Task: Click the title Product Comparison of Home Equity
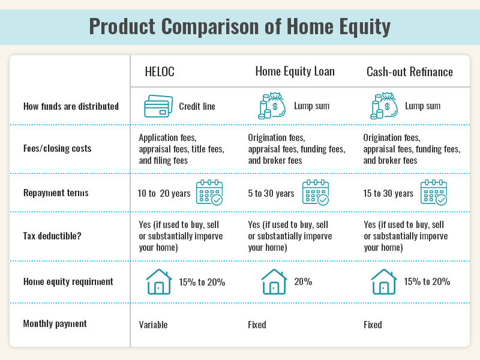point(239,26)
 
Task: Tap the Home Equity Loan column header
point(295,72)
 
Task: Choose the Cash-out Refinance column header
point(409,72)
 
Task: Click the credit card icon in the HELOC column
point(158,106)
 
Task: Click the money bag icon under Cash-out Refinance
point(384,106)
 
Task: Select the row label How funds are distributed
point(71,106)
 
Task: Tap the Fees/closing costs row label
point(57,148)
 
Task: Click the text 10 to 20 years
point(164,193)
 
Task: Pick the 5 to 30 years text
point(271,193)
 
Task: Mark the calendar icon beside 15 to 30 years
point(433,193)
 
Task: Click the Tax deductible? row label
point(52,236)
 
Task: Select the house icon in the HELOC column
point(159,281)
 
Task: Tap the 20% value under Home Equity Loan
point(303,281)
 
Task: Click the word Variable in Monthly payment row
point(153,325)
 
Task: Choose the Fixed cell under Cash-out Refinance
point(373,325)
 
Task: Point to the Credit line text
point(197,106)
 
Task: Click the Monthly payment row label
point(55,324)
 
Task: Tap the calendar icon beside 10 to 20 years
point(209,193)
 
